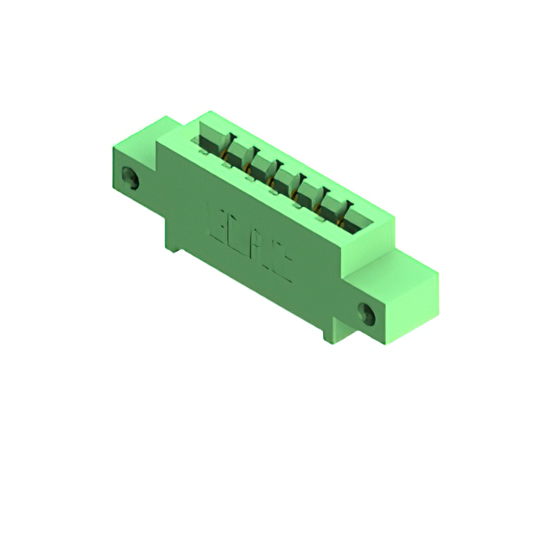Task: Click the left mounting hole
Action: pos(131,180)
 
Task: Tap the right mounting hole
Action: pos(367,315)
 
